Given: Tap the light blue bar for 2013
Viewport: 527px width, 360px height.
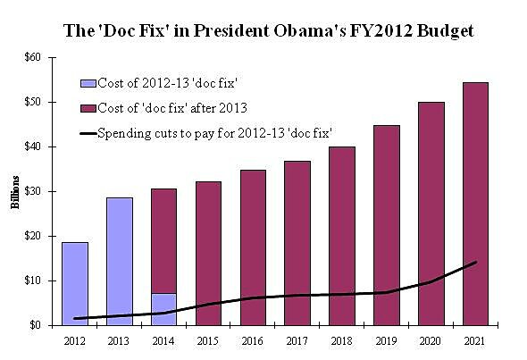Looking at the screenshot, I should (x=119, y=259).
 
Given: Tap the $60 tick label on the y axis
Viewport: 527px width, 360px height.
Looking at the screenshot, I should (x=33, y=57).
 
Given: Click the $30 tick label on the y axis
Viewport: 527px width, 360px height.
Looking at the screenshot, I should (x=33, y=191).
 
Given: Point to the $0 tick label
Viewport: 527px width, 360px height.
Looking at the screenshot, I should (x=36, y=325).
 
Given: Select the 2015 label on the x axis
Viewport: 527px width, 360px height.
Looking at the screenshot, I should (x=208, y=341).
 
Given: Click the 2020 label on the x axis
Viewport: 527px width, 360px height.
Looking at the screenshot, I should (x=431, y=341).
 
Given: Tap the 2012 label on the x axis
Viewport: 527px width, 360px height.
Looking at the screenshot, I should (x=74, y=341).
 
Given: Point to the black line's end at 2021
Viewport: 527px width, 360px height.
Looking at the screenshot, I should (x=475, y=262).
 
